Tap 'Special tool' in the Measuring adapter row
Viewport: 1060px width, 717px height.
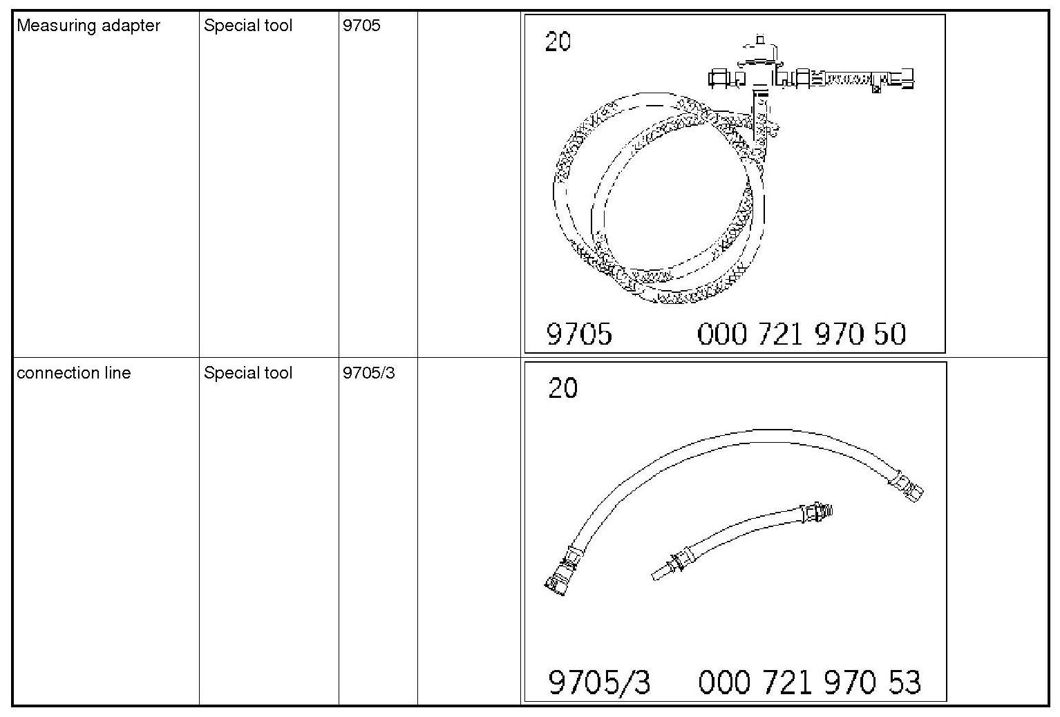[x=248, y=26]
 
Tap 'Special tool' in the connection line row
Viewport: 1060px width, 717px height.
[x=248, y=373]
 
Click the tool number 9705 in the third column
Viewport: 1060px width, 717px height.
[x=361, y=26]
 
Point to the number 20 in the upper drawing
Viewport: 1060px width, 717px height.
[x=558, y=41]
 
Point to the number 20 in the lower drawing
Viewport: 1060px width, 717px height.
[x=562, y=388]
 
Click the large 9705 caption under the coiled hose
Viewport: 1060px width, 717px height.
[x=579, y=334]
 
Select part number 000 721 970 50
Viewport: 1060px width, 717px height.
[x=801, y=334]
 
